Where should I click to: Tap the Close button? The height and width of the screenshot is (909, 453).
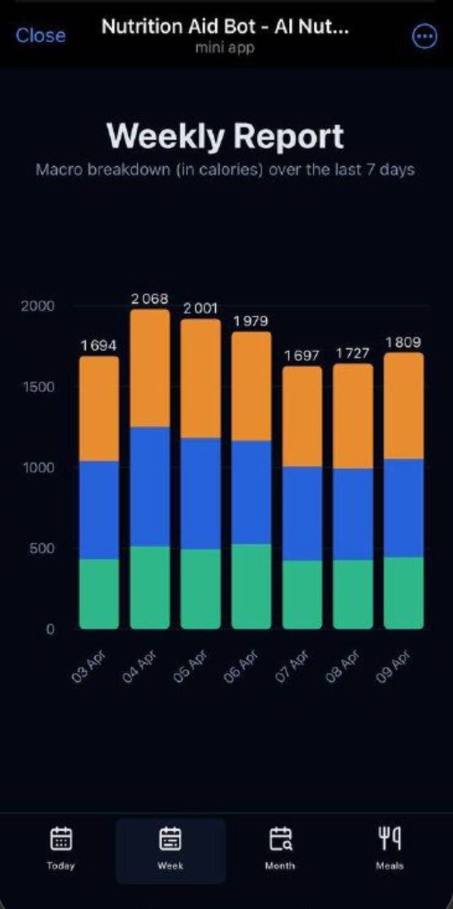[40, 36]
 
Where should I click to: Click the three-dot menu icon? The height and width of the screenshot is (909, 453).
[425, 36]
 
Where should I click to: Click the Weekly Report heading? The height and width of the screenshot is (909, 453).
[226, 136]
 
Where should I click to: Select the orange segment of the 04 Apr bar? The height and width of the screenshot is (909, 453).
[150, 368]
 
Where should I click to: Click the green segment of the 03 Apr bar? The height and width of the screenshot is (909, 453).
[99, 594]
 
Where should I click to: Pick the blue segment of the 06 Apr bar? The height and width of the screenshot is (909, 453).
[251, 492]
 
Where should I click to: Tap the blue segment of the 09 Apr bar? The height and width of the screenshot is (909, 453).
[403, 508]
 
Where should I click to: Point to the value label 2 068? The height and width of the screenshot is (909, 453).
[150, 299]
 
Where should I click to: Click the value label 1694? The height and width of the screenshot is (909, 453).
[99, 346]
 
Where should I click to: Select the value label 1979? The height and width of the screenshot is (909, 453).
[251, 322]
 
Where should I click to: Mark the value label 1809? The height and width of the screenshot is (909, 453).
[403, 343]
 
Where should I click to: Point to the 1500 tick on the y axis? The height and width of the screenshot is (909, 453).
[37, 387]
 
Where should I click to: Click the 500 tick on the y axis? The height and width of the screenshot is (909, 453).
[40, 548]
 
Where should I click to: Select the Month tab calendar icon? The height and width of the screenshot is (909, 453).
[280, 839]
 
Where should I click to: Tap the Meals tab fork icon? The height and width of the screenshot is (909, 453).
[390, 839]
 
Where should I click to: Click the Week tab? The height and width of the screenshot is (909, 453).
[170, 849]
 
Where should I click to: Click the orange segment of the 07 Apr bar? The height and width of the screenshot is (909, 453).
[302, 417]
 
